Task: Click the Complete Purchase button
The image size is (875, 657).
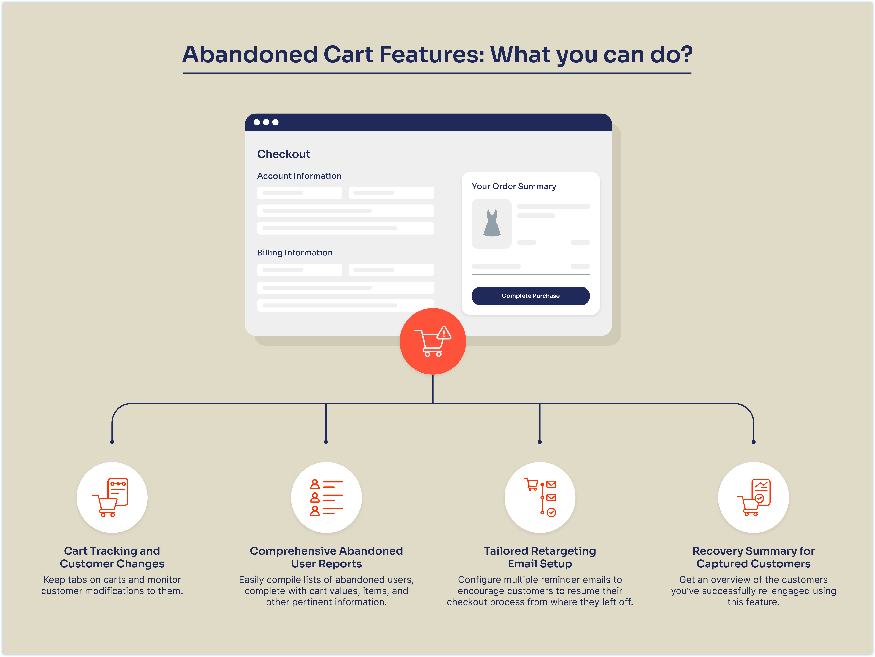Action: click(x=531, y=296)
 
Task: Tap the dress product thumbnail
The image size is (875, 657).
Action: click(x=492, y=224)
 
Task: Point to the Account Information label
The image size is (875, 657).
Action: click(x=299, y=176)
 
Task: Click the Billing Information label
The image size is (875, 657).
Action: click(x=295, y=253)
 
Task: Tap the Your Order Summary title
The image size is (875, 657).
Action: click(x=514, y=186)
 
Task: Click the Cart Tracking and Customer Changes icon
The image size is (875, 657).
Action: click(x=112, y=497)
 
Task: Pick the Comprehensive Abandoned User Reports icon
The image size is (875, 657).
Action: click(x=326, y=497)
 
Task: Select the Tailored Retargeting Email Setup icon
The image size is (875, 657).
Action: click(x=540, y=497)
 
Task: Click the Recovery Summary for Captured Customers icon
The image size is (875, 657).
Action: click(x=754, y=497)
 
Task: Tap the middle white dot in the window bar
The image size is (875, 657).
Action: click(x=266, y=122)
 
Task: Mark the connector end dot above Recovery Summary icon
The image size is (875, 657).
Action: click(x=754, y=442)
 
